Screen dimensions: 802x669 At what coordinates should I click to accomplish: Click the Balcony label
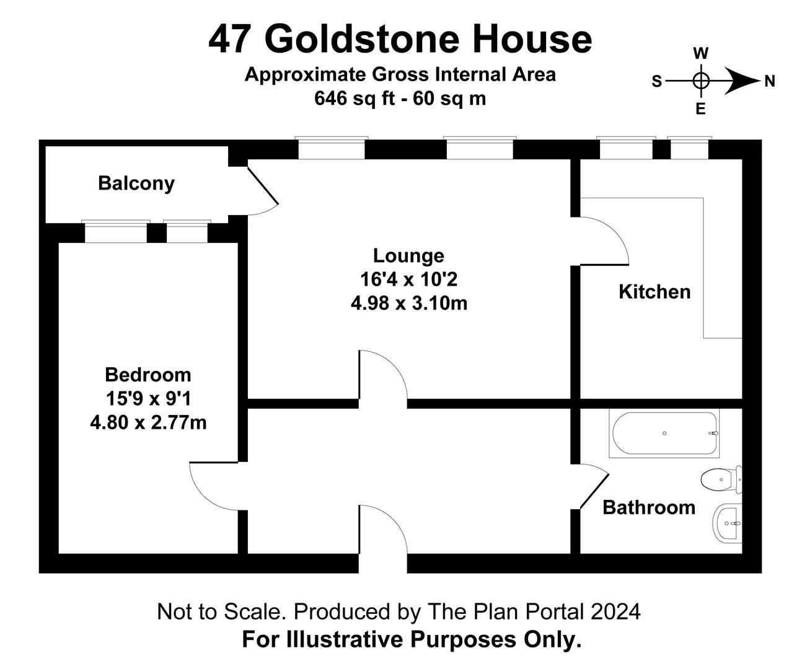136,183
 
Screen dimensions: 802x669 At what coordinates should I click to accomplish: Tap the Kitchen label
654,292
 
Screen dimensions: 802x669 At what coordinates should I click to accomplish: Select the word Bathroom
649,507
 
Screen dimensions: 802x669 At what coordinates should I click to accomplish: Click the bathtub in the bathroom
664,434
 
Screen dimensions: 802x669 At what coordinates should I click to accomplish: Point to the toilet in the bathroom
721,479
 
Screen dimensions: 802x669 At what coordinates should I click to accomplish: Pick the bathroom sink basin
727,523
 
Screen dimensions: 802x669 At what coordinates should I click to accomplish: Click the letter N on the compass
769,81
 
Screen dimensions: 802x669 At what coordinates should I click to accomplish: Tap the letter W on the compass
701,53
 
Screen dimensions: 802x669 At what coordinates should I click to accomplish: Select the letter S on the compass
657,81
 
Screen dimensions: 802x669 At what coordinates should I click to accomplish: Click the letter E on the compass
700,110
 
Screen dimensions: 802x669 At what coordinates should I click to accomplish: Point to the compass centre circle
701,81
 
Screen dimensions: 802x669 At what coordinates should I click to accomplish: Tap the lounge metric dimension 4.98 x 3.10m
408,304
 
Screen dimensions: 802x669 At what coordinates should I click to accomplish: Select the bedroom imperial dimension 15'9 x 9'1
148,399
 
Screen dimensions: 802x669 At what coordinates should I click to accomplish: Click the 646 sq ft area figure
355,98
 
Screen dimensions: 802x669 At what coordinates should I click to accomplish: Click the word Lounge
408,256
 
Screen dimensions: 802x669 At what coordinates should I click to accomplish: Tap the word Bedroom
148,375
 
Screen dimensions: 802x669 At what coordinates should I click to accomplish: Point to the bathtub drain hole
664,434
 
